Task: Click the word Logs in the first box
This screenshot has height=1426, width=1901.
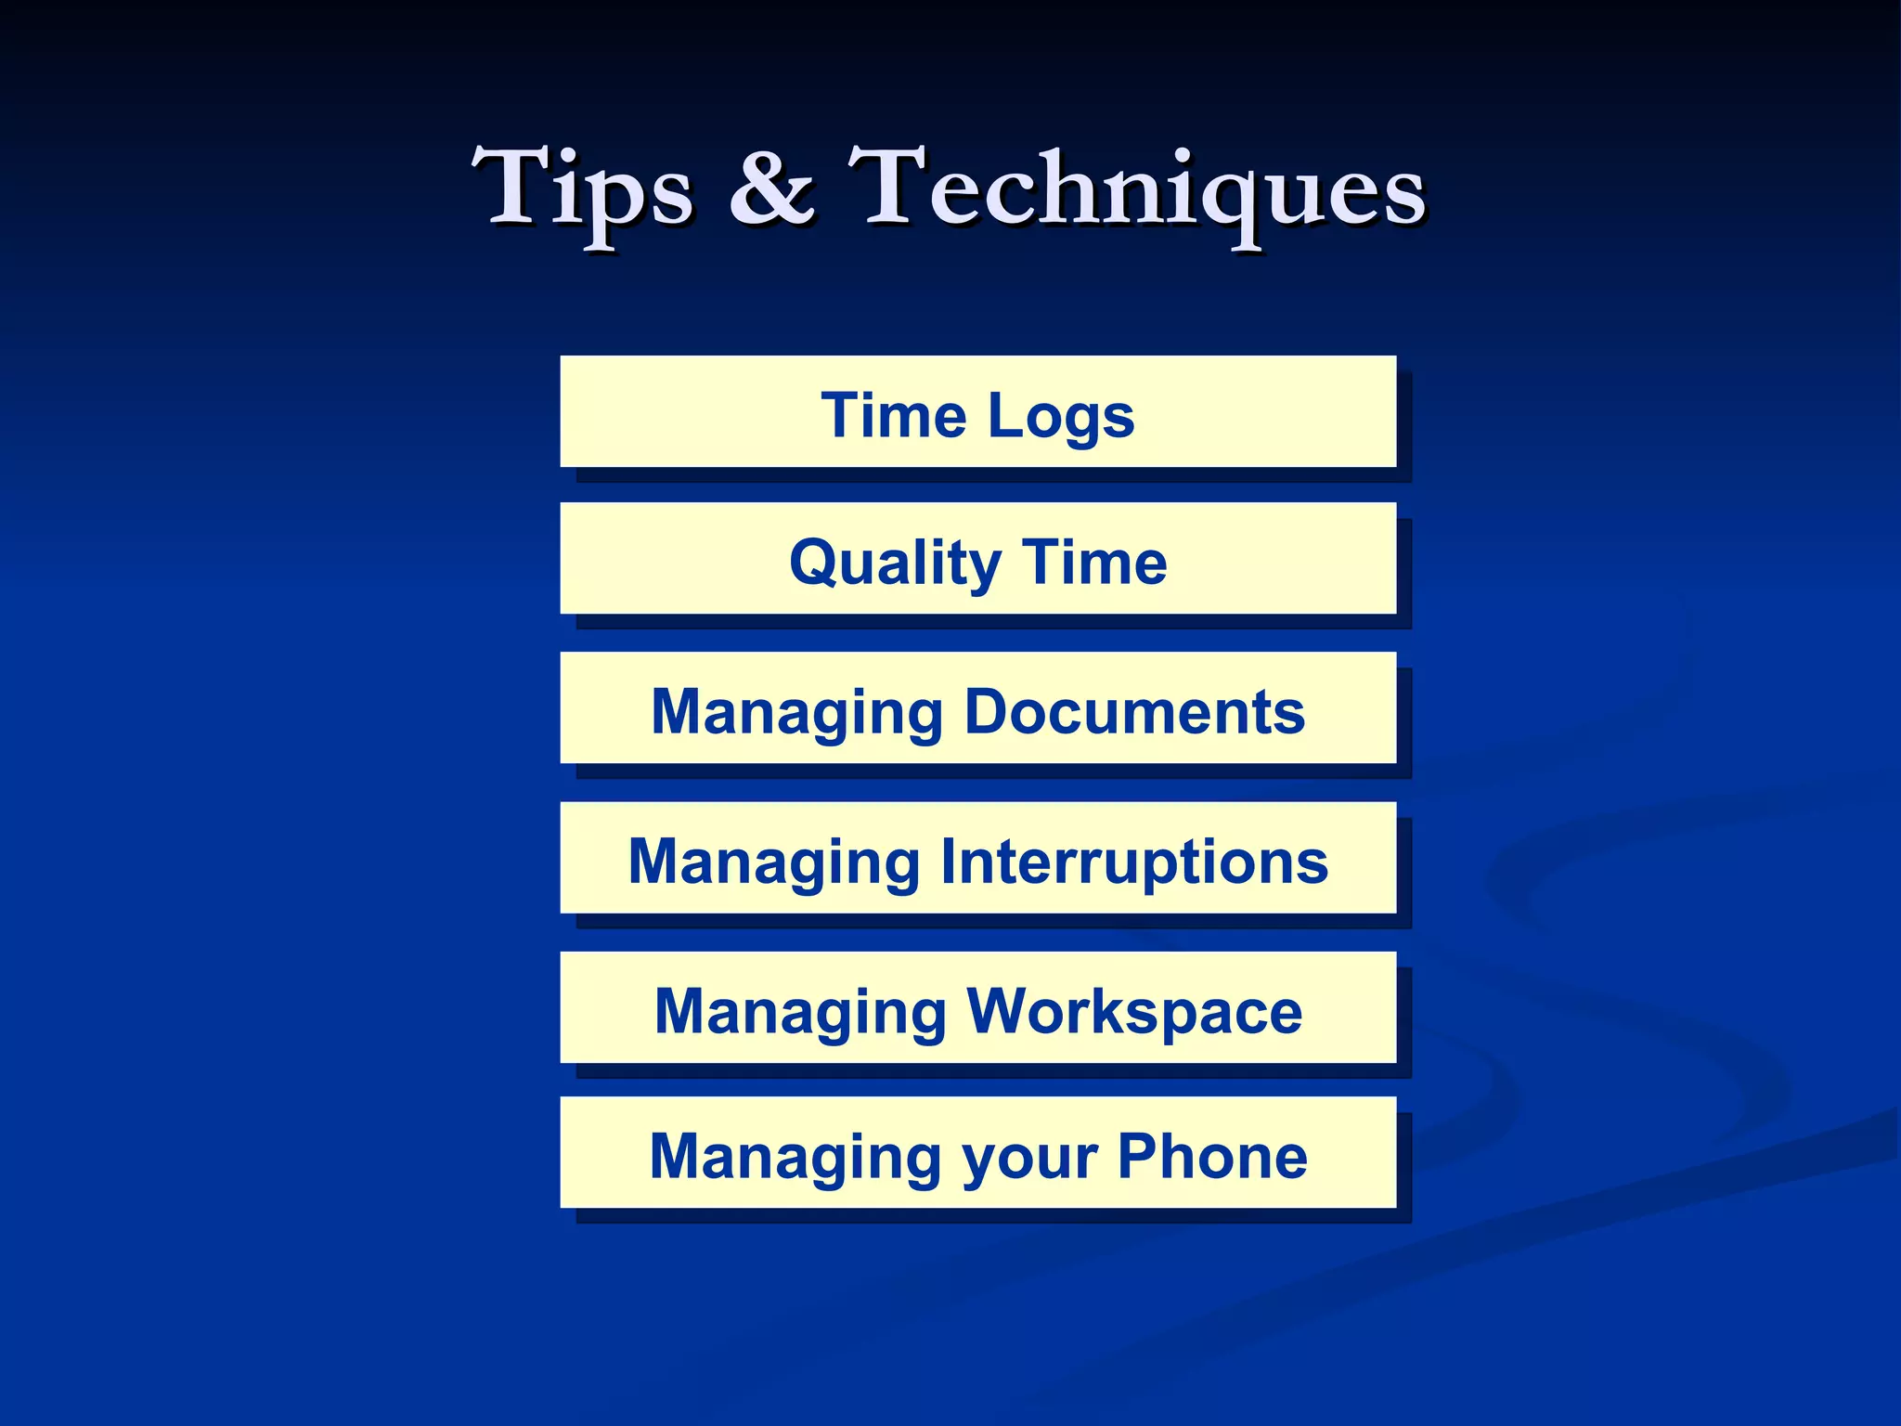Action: pos(1061,416)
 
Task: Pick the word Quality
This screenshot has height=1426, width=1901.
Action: pos(895,564)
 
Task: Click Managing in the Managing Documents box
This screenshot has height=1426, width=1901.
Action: pos(796,713)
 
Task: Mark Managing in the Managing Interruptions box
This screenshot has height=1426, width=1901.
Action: pos(773,862)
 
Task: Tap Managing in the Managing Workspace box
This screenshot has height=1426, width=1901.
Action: pos(799,1011)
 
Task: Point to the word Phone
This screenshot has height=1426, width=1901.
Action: pos(1212,1156)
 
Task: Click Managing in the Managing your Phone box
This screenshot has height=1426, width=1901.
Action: pos(795,1158)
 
